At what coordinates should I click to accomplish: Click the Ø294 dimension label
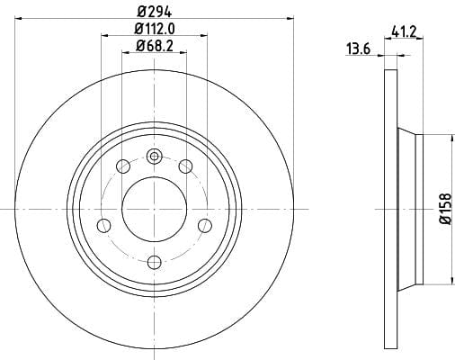tap(155, 13)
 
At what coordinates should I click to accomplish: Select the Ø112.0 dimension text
tap(155, 29)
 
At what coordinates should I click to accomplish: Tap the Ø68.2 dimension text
tap(155, 46)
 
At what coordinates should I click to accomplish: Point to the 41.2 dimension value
tap(404, 32)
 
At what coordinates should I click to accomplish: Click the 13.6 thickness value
tap(359, 49)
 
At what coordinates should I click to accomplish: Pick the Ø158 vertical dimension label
tap(445, 209)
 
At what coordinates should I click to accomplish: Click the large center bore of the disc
tap(155, 209)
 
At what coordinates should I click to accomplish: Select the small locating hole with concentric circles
tap(155, 157)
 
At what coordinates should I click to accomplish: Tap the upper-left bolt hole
tap(123, 166)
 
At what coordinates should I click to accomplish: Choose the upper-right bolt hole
tap(185, 166)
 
